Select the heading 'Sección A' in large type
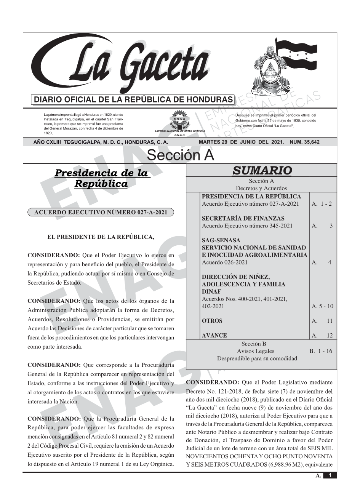click(180, 155)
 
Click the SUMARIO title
click(262, 171)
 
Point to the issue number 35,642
click(305, 142)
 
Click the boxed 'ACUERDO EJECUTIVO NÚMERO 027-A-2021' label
click(101, 212)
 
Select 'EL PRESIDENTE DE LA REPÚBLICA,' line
click(101, 237)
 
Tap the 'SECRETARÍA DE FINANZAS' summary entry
click(243, 219)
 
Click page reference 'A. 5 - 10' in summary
click(322, 306)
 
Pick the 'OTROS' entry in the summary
click(212, 321)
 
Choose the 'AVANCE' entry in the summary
click(214, 336)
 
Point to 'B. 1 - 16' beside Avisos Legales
click(321, 351)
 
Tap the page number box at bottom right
click(330, 475)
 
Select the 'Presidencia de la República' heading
click(101, 178)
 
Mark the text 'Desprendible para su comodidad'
click(257, 358)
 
